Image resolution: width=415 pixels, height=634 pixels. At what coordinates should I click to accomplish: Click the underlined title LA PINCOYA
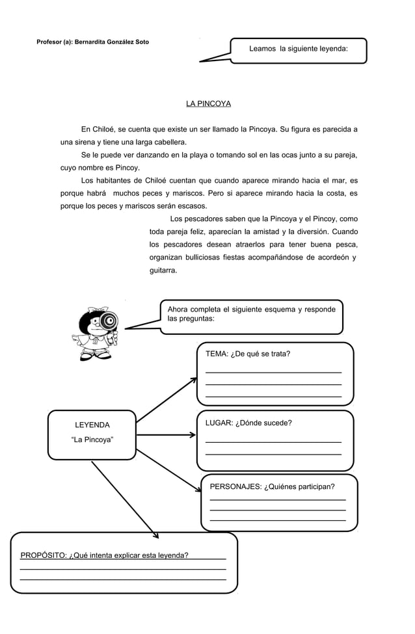(x=208, y=104)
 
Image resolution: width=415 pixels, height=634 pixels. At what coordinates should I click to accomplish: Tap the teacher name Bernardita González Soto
(x=111, y=42)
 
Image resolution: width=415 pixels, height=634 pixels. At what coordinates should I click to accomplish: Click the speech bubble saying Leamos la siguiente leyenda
(x=299, y=49)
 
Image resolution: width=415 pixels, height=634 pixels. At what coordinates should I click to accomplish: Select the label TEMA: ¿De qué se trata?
(x=248, y=354)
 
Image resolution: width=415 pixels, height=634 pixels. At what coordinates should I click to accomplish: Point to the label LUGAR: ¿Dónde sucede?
(x=248, y=423)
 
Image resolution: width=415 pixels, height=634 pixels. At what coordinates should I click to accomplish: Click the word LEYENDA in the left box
(x=92, y=425)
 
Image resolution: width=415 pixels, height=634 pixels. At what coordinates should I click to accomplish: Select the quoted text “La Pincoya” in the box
(x=92, y=440)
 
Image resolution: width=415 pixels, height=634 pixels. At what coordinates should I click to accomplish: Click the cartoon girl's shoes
(x=91, y=357)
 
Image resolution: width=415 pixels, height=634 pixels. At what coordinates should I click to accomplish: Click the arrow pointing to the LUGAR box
(x=167, y=435)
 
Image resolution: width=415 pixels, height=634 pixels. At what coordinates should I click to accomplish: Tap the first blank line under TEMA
(x=273, y=372)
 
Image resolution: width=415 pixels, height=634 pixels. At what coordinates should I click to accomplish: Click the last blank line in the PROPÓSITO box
(x=124, y=579)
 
